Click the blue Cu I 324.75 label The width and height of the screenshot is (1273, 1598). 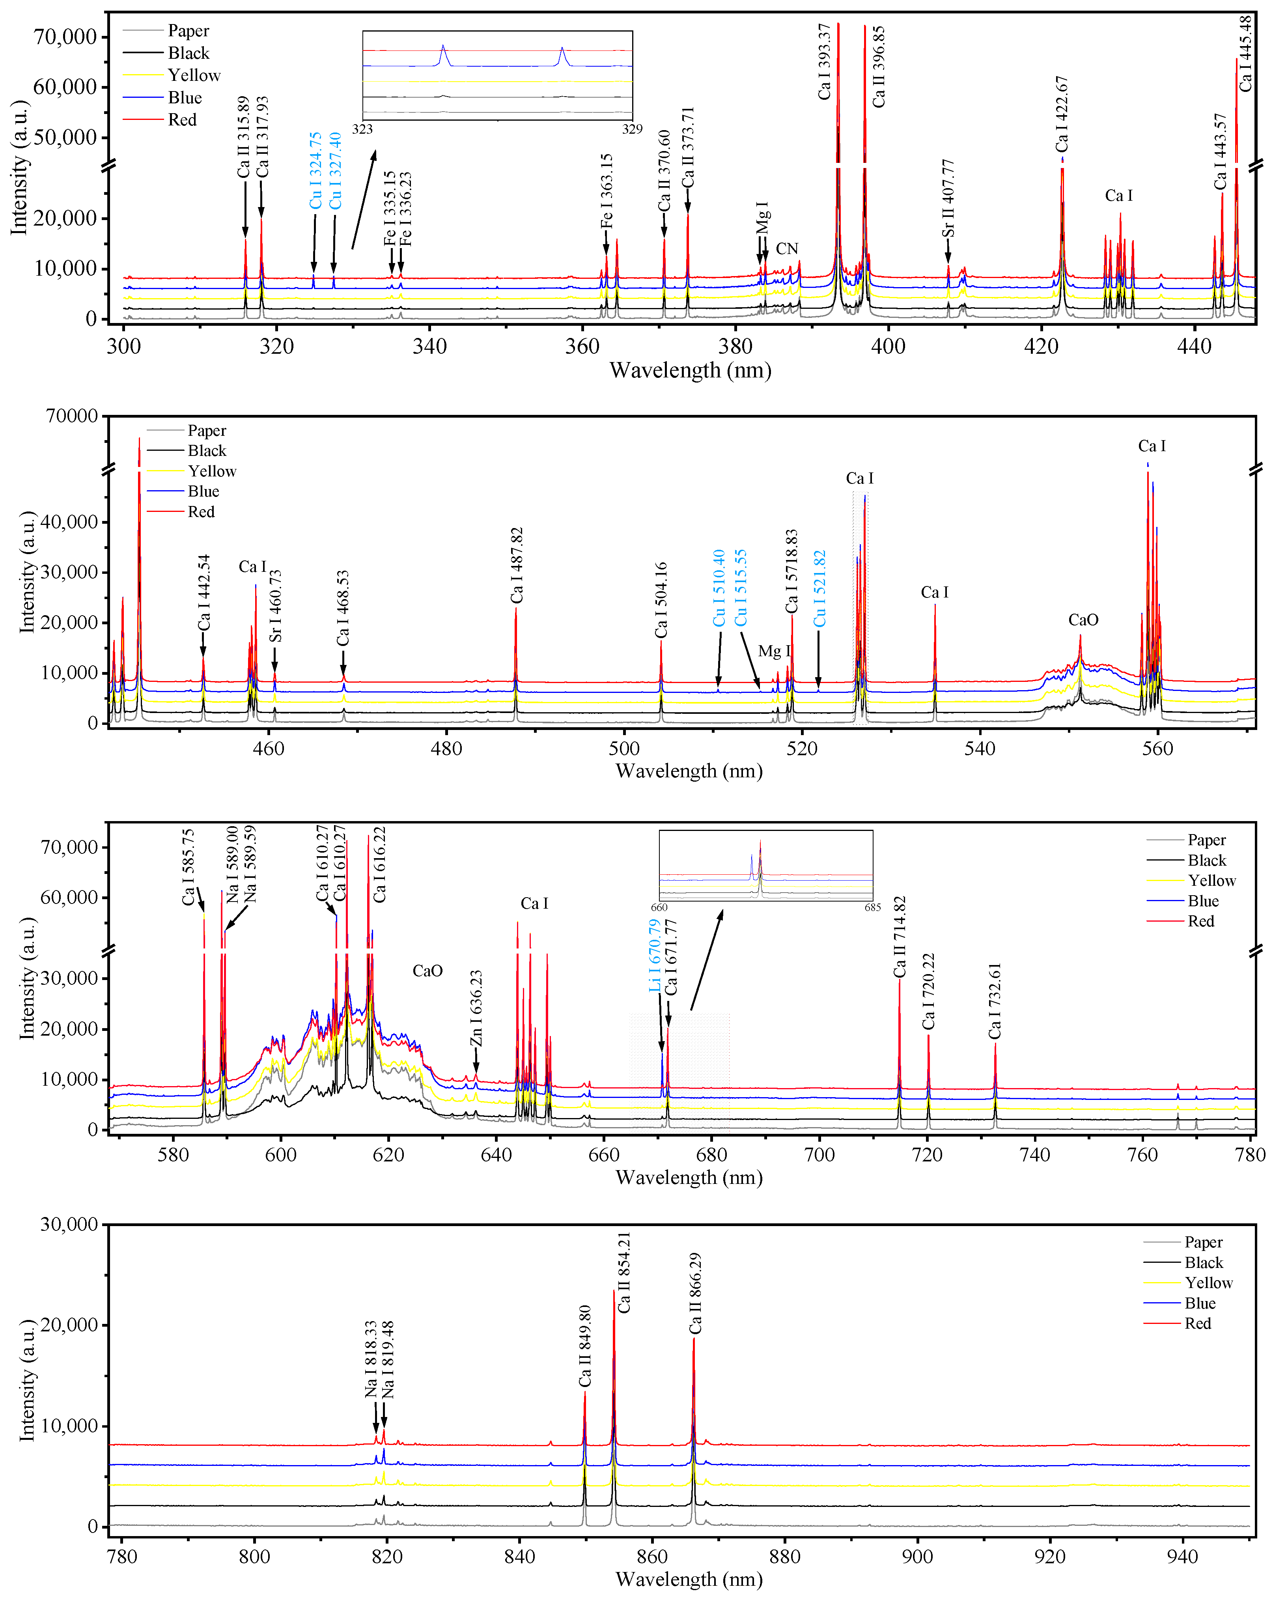tap(315, 170)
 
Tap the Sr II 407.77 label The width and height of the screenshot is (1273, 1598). tap(948, 199)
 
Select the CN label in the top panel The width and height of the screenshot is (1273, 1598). tap(787, 249)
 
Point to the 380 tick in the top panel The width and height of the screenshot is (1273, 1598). tap(735, 346)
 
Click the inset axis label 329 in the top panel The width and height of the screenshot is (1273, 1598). tap(632, 129)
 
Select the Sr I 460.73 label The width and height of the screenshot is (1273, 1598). tap(275, 605)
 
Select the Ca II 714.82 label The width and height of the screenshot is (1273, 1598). tap(900, 937)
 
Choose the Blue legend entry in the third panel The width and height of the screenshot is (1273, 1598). tap(1203, 901)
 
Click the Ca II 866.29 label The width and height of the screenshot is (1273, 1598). tap(695, 1294)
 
